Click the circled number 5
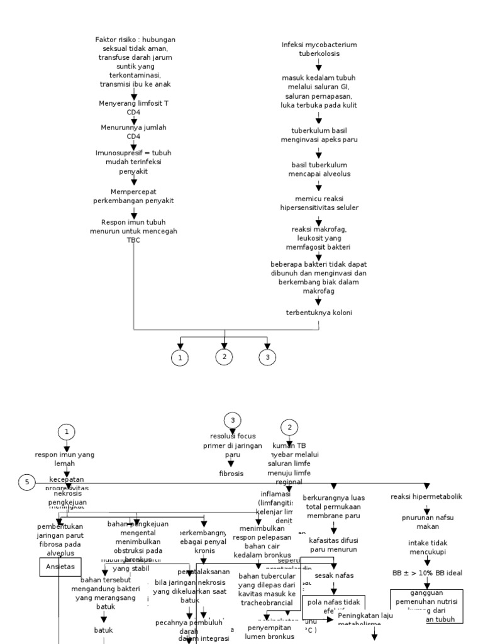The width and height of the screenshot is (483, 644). [x=27, y=483]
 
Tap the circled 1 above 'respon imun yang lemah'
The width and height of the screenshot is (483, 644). [x=67, y=431]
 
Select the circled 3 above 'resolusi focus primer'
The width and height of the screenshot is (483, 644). [x=233, y=420]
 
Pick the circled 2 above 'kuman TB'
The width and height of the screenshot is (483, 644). [x=289, y=428]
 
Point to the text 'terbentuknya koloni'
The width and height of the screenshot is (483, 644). [x=319, y=312]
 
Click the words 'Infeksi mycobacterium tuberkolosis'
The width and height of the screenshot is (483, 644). [x=319, y=49]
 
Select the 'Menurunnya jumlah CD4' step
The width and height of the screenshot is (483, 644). [x=133, y=131]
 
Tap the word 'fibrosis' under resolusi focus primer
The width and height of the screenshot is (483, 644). [x=231, y=473]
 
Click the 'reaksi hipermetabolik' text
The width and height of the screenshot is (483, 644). [x=426, y=496]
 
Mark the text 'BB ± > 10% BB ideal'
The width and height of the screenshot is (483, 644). [x=426, y=574]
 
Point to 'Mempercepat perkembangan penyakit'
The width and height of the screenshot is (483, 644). [x=133, y=196]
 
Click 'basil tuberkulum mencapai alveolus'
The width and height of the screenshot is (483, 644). [x=319, y=169]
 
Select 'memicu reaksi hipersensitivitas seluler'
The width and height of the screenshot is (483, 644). [x=319, y=203]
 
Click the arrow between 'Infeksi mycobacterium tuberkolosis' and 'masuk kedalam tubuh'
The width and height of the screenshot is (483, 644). [x=319, y=65]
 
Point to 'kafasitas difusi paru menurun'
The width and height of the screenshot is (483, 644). [x=333, y=544]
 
